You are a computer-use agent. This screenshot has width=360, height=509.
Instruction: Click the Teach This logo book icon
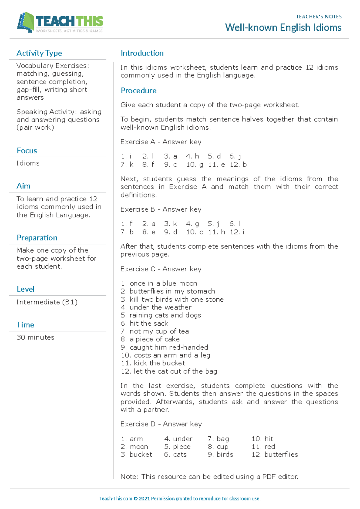point(26,23)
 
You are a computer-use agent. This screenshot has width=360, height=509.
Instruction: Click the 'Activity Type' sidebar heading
point(39,53)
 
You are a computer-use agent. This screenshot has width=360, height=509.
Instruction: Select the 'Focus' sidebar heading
point(27,151)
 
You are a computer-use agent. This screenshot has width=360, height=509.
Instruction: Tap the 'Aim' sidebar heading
point(23,186)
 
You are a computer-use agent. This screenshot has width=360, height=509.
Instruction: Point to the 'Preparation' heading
point(37,238)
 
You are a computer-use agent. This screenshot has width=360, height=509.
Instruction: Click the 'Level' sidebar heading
point(25,289)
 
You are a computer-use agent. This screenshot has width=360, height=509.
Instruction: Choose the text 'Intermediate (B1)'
point(47,302)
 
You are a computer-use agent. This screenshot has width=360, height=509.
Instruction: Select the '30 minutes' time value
point(35,337)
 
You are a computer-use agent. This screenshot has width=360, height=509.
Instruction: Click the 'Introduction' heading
point(142,53)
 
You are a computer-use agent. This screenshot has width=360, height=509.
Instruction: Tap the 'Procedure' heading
point(138,91)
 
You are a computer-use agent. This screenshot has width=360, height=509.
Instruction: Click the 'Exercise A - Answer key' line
point(161,142)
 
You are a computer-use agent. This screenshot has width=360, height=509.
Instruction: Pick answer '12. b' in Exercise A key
point(238,164)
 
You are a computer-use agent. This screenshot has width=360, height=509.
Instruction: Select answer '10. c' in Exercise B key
point(194,232)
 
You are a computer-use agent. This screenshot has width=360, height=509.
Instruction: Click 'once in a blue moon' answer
point(163,283)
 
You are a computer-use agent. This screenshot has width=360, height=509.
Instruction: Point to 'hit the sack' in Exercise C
point(149,323)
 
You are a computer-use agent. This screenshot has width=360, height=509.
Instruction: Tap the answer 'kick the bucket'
point(159,363)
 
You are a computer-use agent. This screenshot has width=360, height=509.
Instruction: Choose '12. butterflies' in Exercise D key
point(275,454)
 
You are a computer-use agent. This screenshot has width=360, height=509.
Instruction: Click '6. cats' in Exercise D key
point(175,454)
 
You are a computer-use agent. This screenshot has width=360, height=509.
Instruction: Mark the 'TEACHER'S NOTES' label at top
point(319,17)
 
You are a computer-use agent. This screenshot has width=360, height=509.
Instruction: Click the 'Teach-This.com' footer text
point(115,498)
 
